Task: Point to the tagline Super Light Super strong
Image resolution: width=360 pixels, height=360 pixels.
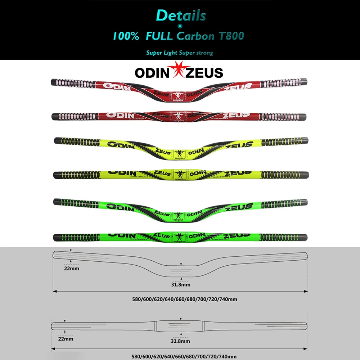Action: tap(180, 53)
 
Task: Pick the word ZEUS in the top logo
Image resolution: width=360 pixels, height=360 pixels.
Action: tap(204, 73)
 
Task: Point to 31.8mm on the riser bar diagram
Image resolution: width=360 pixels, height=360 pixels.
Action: tap(181, 284)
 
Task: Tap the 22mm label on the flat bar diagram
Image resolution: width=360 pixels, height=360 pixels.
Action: tap(66, 339)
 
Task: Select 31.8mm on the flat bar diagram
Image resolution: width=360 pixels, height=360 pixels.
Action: tap(181, 341)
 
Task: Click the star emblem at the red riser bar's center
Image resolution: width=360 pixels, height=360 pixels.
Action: tap(177, 95)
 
